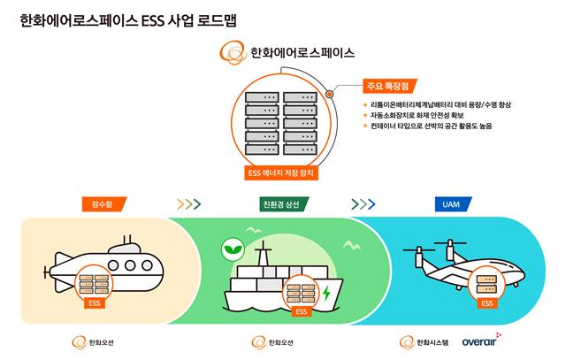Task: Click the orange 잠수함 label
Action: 104,204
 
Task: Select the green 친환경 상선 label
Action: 284,204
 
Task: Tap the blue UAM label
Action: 453,204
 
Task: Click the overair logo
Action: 481,341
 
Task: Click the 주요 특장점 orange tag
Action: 390,86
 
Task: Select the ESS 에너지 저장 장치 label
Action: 281,173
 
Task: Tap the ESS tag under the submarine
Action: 95,303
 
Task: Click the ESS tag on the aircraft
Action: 487,303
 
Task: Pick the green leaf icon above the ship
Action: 233,249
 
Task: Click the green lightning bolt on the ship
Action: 326,293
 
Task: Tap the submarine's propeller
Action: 45,272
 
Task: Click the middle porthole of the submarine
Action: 130,265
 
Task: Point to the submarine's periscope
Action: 127,240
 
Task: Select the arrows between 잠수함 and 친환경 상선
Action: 188,204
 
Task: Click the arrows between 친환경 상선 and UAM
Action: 363,204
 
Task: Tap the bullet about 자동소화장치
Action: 417,115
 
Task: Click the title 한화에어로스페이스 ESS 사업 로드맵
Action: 128,20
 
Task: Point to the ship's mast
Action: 264,254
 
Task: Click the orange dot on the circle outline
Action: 329,95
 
